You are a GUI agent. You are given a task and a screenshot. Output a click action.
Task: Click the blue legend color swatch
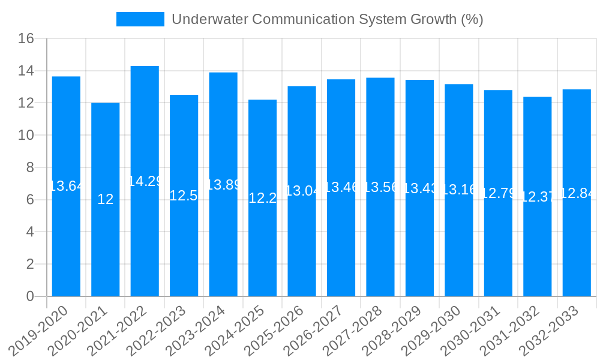[140, 19]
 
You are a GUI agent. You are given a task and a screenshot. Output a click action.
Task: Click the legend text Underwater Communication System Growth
[327, 19]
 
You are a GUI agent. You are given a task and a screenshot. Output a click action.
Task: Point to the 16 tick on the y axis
[26, 39]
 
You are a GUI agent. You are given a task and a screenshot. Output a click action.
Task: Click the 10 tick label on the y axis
[26, 136]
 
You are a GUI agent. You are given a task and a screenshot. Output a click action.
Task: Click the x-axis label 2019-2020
[39, 330]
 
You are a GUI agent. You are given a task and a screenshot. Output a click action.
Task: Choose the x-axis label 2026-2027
[314, 330]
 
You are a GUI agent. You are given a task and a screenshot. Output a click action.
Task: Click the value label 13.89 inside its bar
[223, 185]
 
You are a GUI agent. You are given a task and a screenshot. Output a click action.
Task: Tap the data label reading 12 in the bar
[106, 200]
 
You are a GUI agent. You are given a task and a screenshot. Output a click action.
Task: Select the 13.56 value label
[380, 187]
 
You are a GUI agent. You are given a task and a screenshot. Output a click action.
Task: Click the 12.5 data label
[184, 196]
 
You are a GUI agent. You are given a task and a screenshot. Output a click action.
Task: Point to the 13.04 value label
[302, 191]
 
